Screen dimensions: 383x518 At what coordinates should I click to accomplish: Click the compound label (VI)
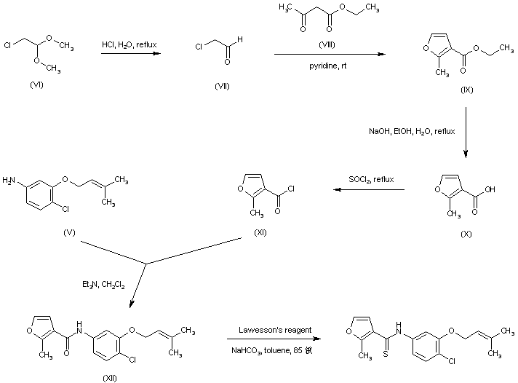[36, 85]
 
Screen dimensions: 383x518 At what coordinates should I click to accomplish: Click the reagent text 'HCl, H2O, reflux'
[129, 45]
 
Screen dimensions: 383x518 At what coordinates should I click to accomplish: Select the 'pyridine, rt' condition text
[329, 64]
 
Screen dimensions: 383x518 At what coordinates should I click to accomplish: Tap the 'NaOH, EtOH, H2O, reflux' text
[410, 131]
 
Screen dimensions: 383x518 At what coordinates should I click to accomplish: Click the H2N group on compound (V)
[10, 178]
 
